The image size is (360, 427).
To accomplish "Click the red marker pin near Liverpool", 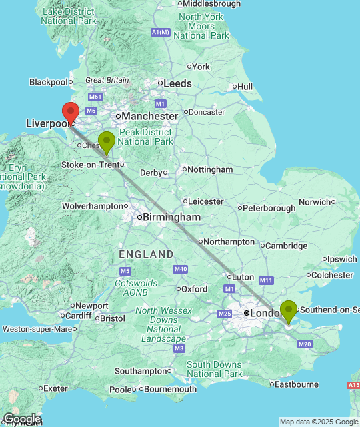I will tap(71, 111).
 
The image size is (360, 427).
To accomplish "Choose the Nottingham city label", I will tap(210, 169).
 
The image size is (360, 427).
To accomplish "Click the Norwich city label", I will tap(315, 201).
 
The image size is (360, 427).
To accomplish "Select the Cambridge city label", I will tap(287, 246).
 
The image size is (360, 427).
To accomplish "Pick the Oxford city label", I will tap(195, 289).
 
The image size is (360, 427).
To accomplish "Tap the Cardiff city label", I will tap(79, 316).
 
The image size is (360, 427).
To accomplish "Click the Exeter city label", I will tap(56, 388).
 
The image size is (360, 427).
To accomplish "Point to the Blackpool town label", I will tap(49, 82).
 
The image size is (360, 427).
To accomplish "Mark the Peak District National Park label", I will tap(145, 137).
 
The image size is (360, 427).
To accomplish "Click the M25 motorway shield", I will tap(225, 314).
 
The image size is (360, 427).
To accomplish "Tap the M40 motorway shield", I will tap(180, 269).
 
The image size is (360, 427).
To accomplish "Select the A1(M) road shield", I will tap(161, 32).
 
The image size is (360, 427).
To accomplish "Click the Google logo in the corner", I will tap(21, 419).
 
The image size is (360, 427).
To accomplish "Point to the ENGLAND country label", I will tap(146, 254).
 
